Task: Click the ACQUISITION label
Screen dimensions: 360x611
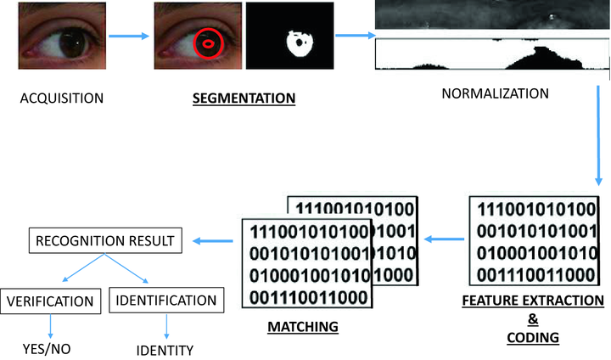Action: [x=62, y=98]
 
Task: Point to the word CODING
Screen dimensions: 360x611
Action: [x=535, y=337]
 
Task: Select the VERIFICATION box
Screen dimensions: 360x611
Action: [x=52, y=300]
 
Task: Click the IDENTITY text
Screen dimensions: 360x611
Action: [x=165, y=350]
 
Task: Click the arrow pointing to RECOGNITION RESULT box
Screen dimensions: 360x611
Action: [x=214, y=242]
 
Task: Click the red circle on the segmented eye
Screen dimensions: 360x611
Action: [x=206, y=42]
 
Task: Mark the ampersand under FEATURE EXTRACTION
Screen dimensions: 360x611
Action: [x=535, y=319]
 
